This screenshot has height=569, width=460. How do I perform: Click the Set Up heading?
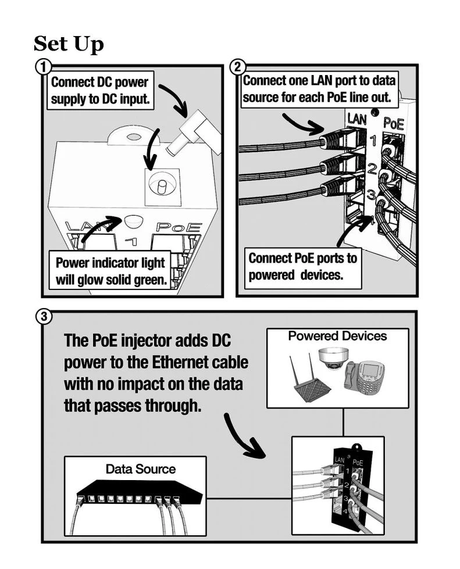[x=69, y=44]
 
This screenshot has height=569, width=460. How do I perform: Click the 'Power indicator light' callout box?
[x=110, y=270]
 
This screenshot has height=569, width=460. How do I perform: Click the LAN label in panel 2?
[x=358, y=119]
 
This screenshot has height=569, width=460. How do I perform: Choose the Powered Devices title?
[x=337, y=336]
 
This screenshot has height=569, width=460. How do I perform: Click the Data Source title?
[x=140, y=468]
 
